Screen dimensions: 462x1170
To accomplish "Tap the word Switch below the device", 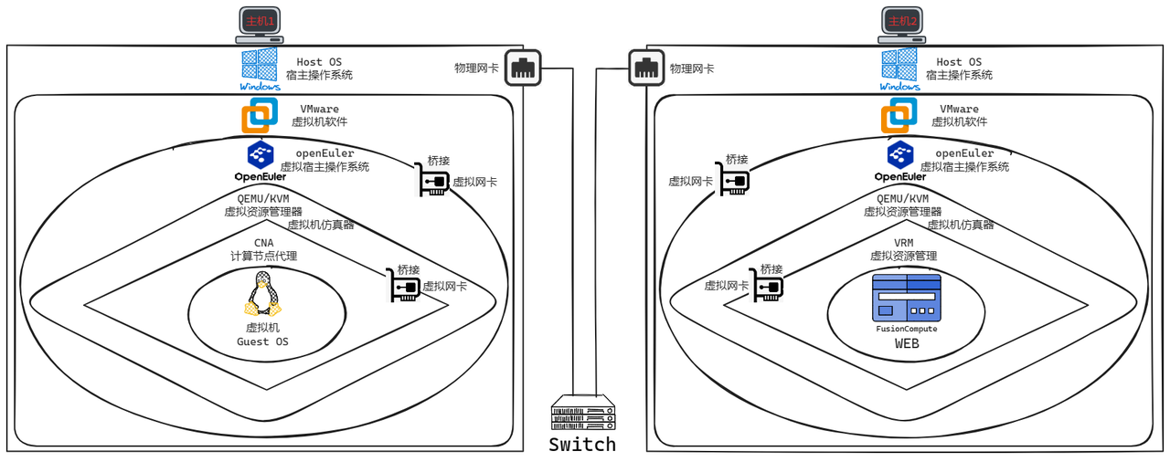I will (582, 445).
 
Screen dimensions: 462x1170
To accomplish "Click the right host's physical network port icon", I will (646, 68).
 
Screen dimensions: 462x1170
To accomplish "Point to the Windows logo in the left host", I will (260, 68).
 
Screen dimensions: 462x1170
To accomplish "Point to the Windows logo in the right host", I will (899, 68).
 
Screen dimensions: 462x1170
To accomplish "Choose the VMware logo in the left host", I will (260, 116).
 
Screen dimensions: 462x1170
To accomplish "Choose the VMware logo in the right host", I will (899, 116).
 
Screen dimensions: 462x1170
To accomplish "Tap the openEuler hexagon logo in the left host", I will (261, 152).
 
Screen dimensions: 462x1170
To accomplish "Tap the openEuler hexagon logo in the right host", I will (900, 152).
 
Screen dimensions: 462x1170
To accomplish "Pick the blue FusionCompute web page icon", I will (906, 298).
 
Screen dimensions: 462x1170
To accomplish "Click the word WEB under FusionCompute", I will (906, 344).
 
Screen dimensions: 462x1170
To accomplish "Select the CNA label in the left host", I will (263, 243).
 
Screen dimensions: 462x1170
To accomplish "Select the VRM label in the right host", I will (903, 243).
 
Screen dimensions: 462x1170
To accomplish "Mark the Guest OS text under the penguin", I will (261, 342).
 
